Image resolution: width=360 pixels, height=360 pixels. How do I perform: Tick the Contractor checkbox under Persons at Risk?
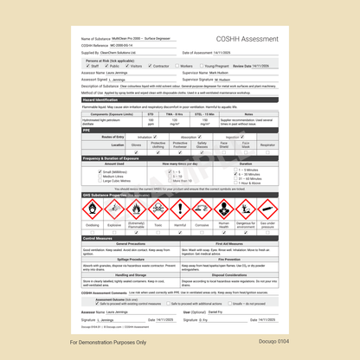(149, 65)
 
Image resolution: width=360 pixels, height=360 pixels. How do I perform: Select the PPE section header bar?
(87, 129)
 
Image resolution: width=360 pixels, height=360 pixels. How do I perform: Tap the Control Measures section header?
(100, 237)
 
